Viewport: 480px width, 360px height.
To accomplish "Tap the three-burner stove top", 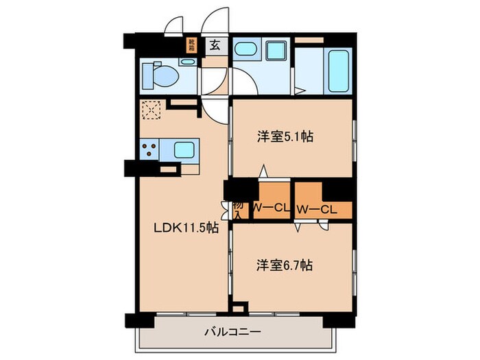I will [x=150, y=149].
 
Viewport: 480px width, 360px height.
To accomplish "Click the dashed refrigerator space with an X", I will [x=150, y=110].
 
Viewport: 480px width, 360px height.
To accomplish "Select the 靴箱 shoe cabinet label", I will [x=192, y=47].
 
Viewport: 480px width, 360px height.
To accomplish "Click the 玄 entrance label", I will [x=215, y=47].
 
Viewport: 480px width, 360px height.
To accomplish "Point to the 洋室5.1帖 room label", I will [x=286, y=136].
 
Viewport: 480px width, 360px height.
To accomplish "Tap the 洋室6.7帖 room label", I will [x=286, y=264].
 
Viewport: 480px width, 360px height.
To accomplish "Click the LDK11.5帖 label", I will [x=186, y=228].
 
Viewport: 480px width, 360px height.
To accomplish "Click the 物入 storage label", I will [x=238, y=210].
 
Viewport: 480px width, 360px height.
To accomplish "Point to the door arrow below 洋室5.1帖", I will [x=263, y=171].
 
